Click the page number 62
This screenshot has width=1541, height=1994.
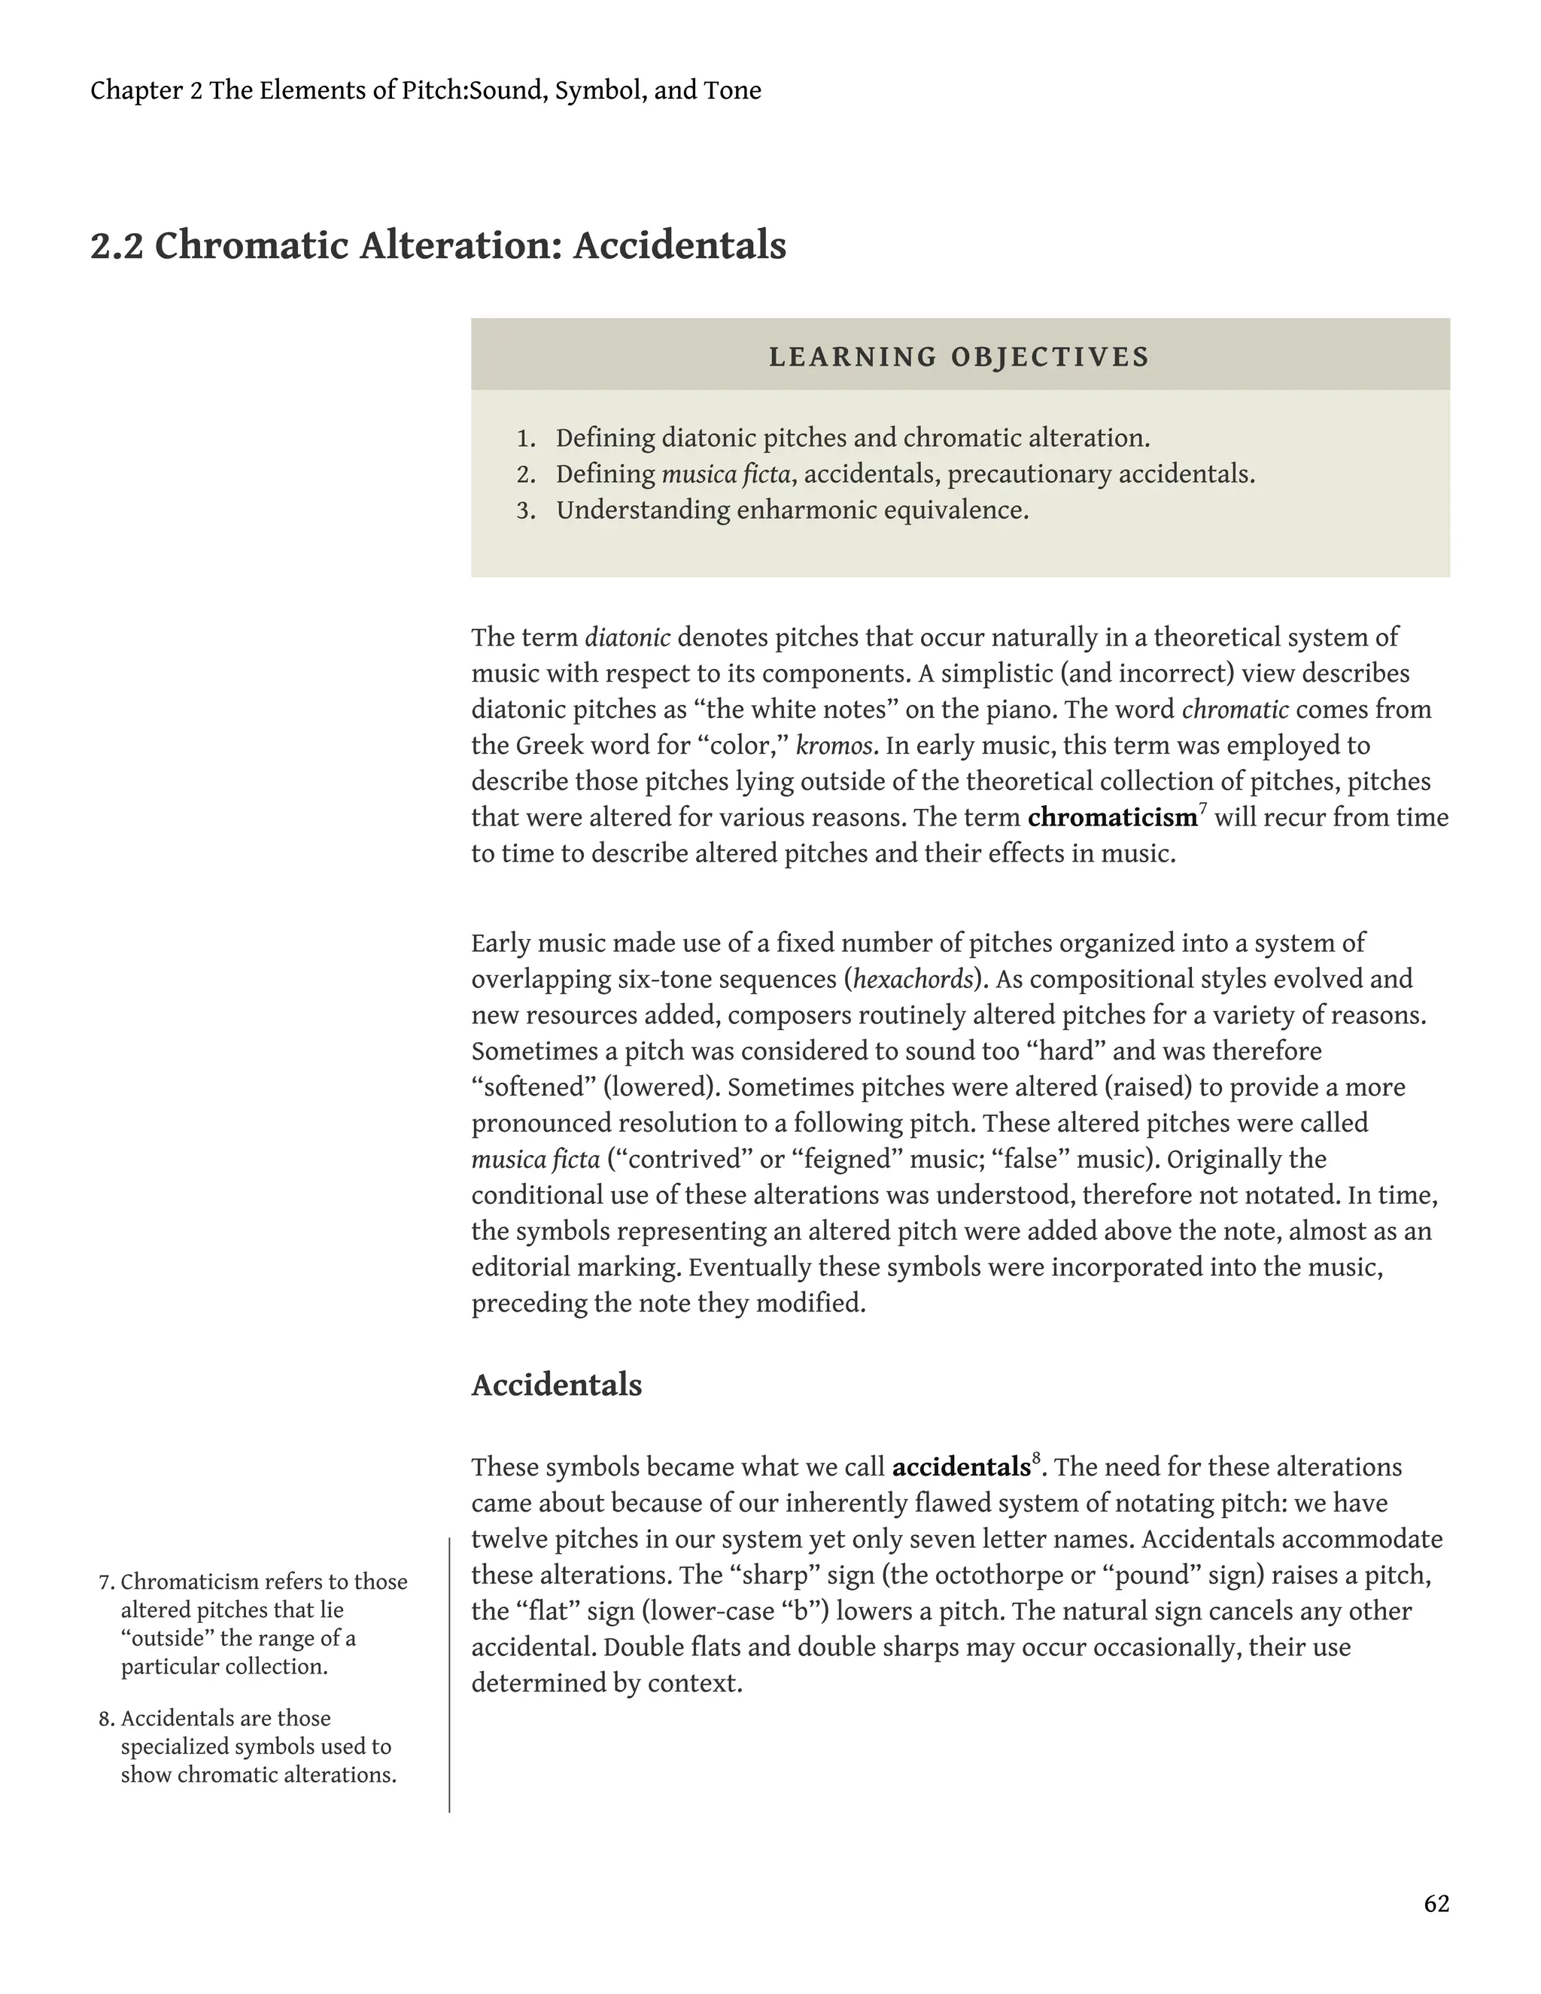1436,1904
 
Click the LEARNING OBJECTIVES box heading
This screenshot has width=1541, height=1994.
959,356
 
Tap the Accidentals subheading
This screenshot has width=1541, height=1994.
556,1385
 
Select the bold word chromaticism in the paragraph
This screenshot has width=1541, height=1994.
1111,817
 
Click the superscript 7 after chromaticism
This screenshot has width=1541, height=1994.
1202,809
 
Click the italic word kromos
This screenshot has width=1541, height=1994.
834,746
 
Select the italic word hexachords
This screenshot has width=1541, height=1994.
912,980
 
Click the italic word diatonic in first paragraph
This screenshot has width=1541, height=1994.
628,637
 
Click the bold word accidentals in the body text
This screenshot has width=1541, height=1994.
960,1468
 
